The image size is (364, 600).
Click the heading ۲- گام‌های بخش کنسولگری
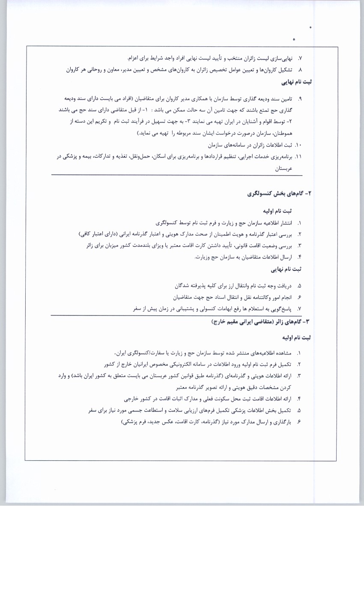[279, 194]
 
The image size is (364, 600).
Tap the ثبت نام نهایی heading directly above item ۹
[296, 82]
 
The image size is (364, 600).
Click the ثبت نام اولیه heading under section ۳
[296, 338]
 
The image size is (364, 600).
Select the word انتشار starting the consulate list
[284, 223]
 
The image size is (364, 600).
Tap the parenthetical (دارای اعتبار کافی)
[100, 234]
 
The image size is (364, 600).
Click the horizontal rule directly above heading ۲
[176, 175]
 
